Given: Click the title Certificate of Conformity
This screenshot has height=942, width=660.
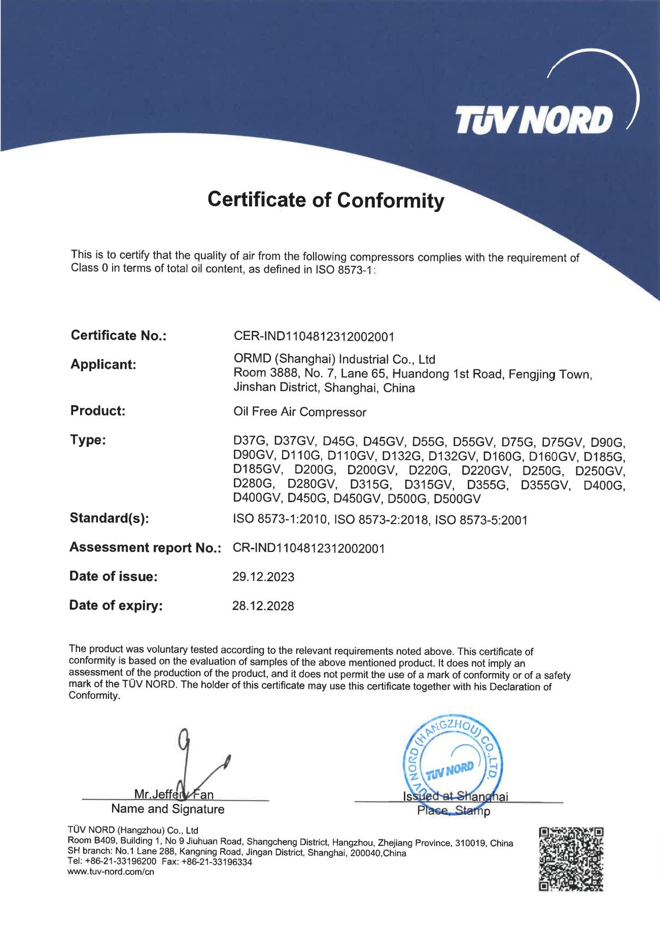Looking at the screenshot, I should click(x=326, y=200).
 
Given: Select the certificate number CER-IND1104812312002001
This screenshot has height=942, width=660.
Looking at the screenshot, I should click(x=314, y=336).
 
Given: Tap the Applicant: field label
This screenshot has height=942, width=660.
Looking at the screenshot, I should click(x=103, y=364).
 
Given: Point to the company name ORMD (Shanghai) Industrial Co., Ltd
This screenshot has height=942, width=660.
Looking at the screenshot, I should click(x=334, y=359).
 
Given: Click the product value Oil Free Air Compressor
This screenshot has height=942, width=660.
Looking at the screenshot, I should click(x=299, y=411).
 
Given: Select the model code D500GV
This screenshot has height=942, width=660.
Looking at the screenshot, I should click(x=457, y=499).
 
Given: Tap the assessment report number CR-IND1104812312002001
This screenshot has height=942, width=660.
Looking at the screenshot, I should click(x=308, y=548).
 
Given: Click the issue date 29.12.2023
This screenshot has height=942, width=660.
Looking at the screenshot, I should click(x=263, y=577).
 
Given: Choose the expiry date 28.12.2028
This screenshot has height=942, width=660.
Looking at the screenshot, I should click(x=263, y=606).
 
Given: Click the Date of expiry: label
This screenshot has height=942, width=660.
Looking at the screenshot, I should click(x=116, y=605).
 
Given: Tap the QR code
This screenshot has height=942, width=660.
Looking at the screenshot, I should click(x=571, y=859).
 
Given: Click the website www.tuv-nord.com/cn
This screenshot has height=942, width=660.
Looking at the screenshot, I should click(x=111, y=872).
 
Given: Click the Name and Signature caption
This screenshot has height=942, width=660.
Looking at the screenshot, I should click(x=167, y=809).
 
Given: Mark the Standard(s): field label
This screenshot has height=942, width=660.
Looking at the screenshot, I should click(x=110, y=518).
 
